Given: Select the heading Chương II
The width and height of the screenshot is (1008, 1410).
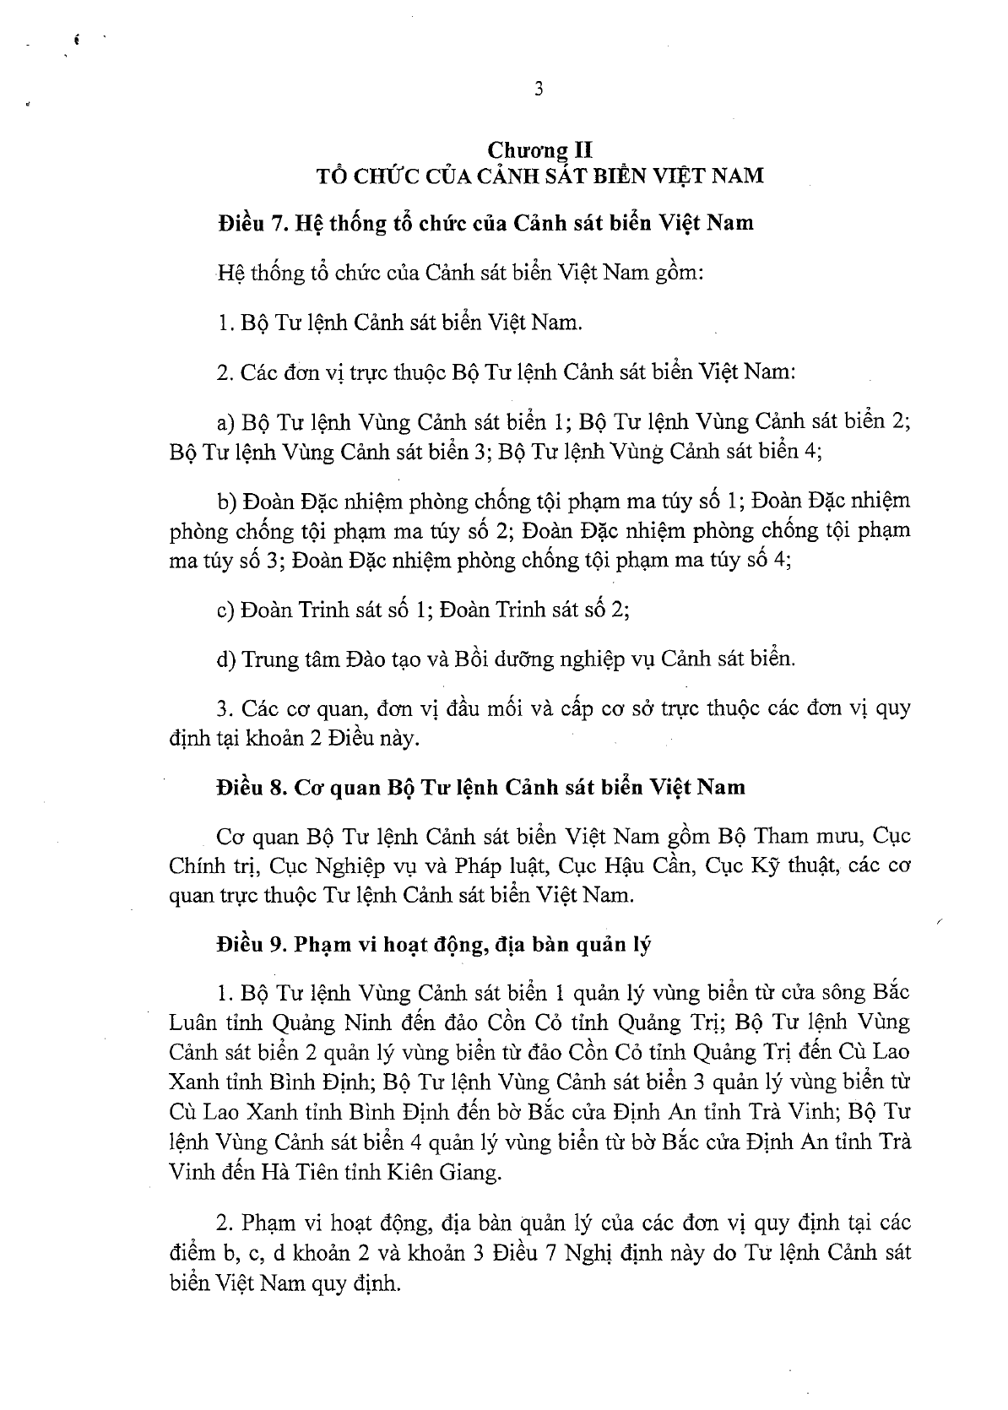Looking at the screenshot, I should (539, 150).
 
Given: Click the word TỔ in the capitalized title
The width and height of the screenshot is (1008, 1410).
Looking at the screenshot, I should (329, 176).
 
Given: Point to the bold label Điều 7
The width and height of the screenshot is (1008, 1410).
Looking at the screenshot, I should (251, 224).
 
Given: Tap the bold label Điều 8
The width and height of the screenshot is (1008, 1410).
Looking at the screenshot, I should (250, 787).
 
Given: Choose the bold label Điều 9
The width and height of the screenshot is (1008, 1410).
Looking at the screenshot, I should (250, 945).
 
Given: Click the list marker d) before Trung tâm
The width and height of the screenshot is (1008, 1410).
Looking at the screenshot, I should (225, 659).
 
